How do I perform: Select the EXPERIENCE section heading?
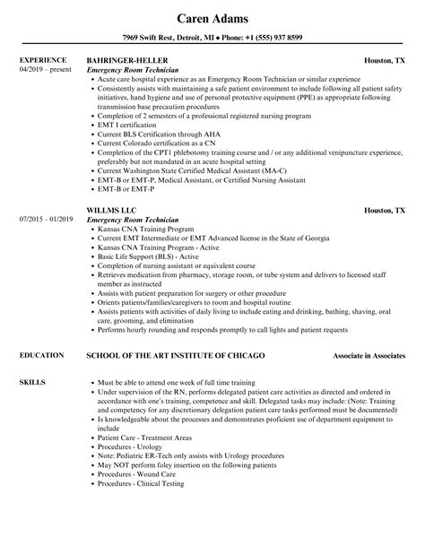coord(42,61)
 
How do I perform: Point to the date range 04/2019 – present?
coord(42,70)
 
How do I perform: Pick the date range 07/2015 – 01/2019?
coord(44,219)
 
